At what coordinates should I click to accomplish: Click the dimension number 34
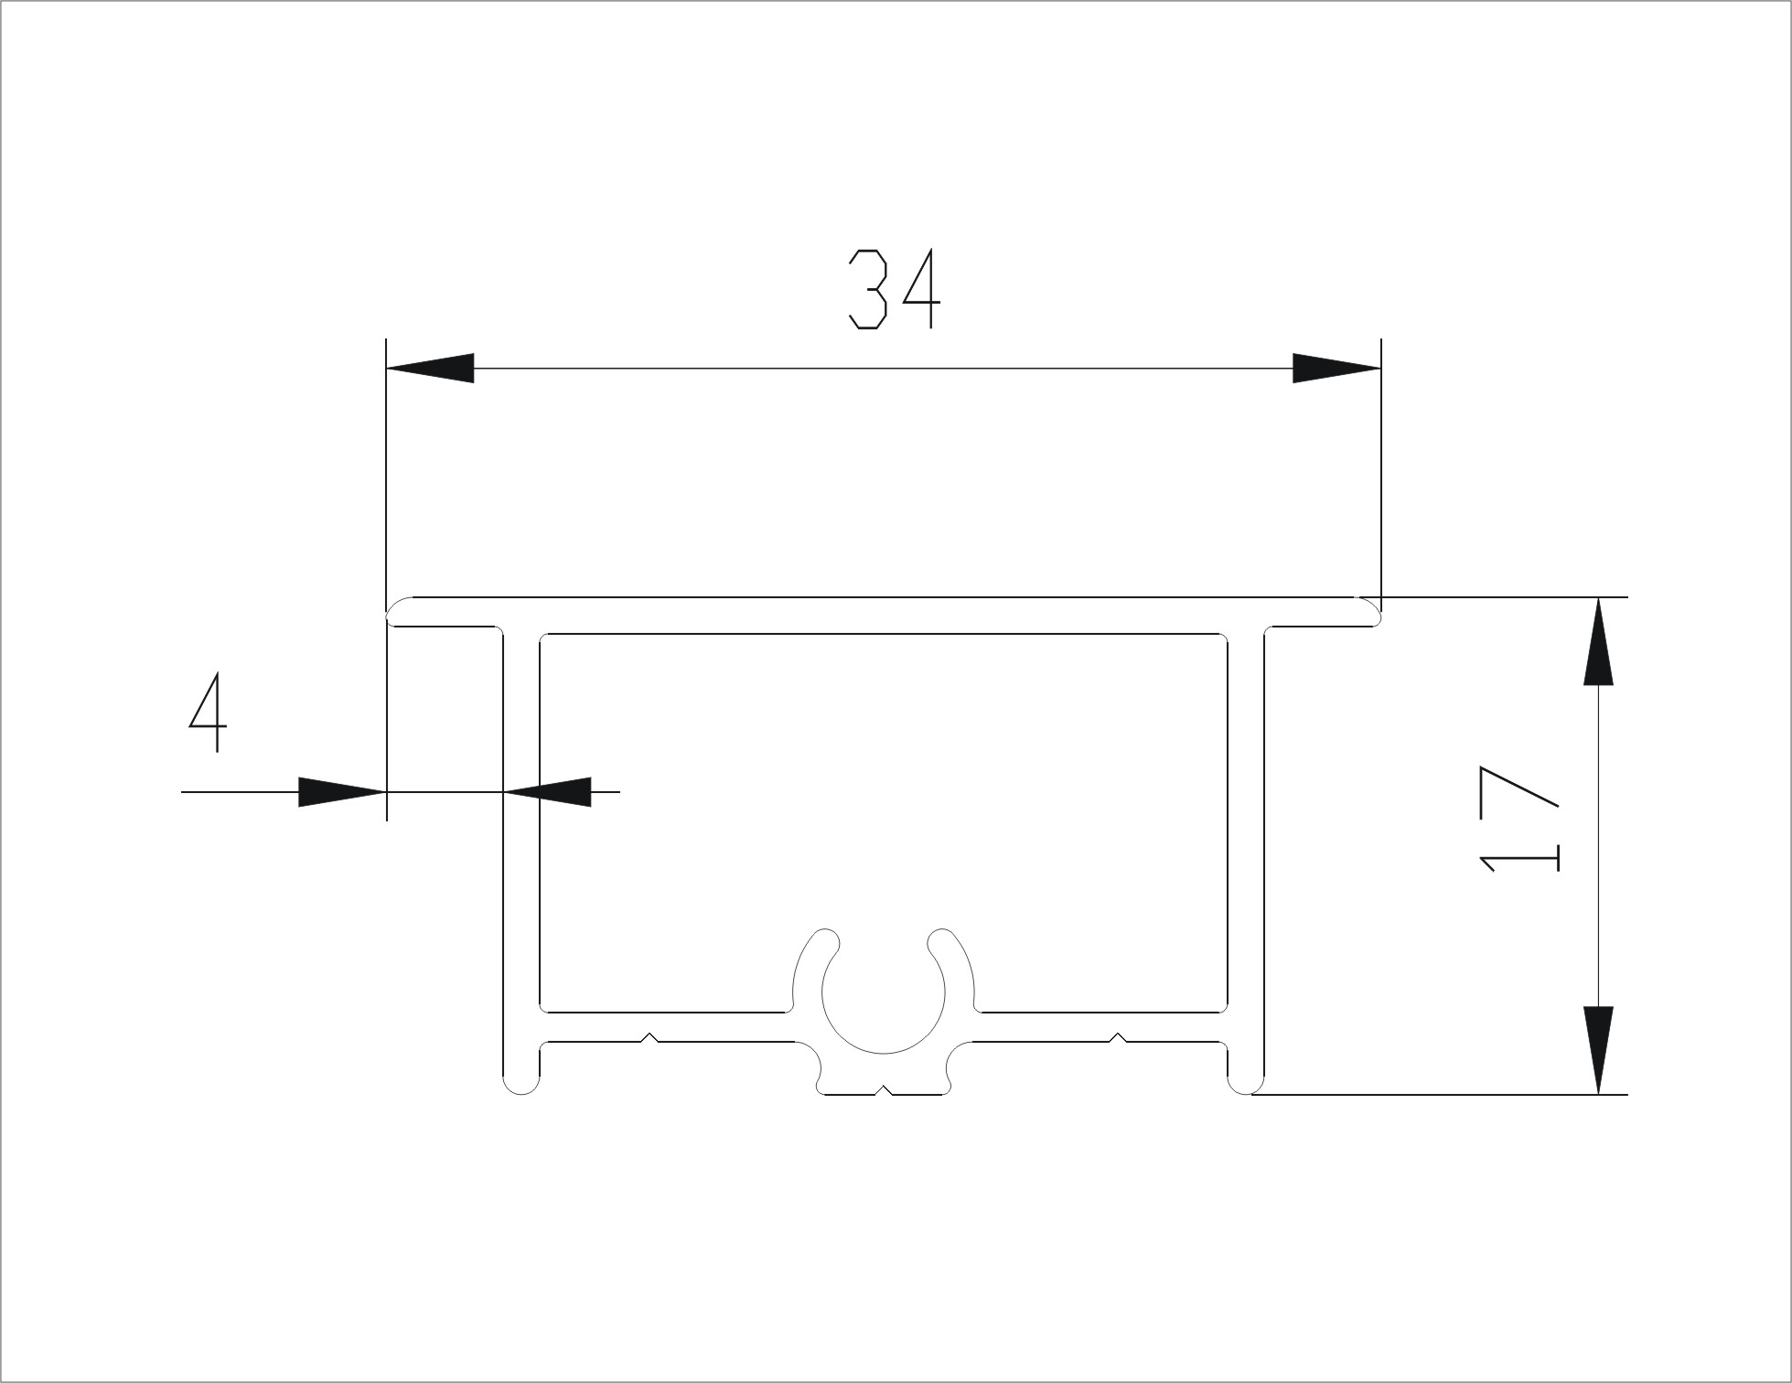pos(895,289)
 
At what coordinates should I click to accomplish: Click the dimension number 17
pos(1518,818)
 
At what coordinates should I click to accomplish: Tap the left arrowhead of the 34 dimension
pos(430,368)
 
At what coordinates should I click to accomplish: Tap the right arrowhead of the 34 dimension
pos(1336,368)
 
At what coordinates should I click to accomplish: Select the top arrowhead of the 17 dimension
pos(1598,641)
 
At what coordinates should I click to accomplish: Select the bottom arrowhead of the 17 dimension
pos(1598,1050)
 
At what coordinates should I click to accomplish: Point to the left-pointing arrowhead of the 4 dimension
pos(548,791)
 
